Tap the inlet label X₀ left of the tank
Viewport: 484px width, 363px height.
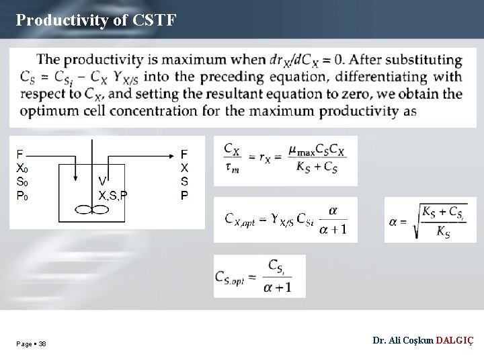(22, 168)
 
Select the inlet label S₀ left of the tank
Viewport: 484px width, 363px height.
(22, 182)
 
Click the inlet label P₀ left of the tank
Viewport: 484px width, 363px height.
(22, 196)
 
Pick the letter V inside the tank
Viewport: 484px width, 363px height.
(102, 180)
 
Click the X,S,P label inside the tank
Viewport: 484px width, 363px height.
(113, 196)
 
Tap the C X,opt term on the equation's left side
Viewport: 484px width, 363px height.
(240, 219)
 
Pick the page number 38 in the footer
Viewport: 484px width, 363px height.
(42, 344)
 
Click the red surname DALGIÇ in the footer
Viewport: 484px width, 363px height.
(454, 341)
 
